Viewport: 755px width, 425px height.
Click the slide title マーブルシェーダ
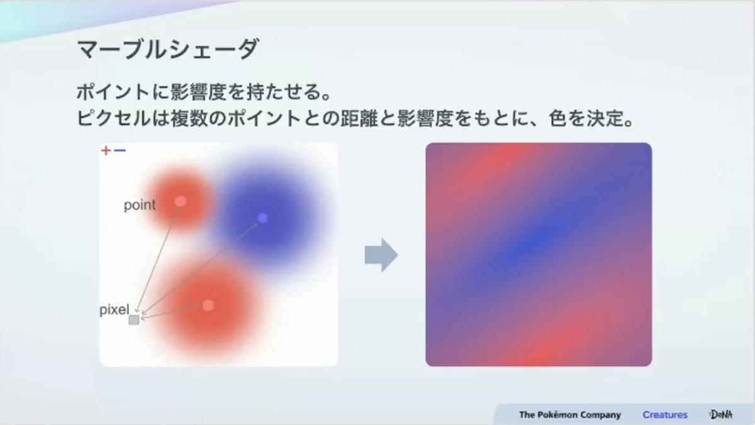168,49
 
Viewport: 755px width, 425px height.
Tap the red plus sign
106,150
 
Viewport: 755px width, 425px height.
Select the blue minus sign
120,150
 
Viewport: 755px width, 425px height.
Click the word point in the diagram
140,205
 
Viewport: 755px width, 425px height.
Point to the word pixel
115,309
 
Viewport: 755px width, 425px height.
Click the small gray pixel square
134,320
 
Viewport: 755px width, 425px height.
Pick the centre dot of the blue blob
262,218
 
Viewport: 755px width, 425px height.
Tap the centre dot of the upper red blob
181,201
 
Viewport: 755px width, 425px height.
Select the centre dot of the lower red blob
208,305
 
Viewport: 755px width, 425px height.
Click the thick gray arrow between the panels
381,255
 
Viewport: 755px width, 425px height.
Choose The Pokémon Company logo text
570,414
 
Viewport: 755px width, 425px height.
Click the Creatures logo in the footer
664,414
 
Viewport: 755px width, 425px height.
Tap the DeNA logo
721,414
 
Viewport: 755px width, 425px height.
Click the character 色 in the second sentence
558,118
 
